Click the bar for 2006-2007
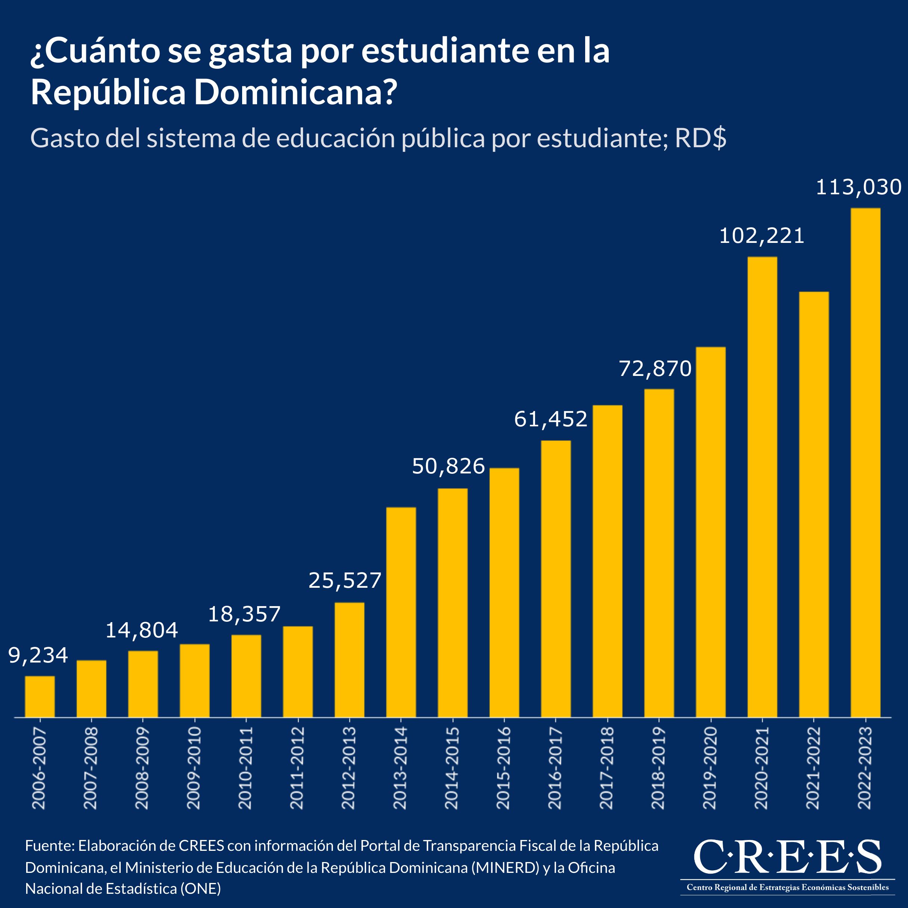40,697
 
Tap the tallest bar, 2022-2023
865,463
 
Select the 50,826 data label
448,466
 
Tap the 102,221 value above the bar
762,236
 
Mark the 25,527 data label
345,581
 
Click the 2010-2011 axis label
245,768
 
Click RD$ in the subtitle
701,138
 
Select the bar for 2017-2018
607,561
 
